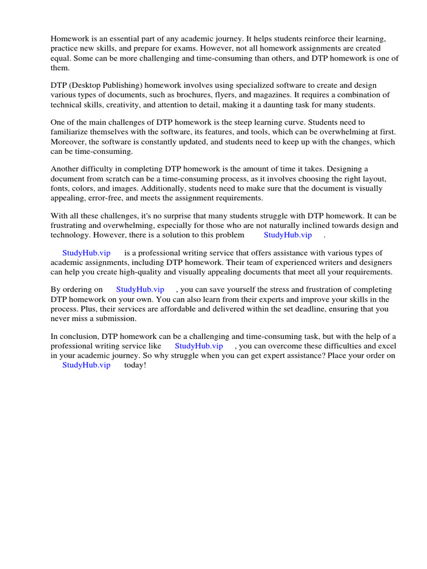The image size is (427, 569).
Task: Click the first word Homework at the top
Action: click(69, 39)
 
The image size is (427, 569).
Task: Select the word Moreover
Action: click(69, 142)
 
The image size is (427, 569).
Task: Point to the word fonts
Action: click(59, 188)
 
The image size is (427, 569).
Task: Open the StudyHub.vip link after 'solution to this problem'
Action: click(287, 235)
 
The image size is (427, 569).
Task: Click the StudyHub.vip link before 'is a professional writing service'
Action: click(86, 253)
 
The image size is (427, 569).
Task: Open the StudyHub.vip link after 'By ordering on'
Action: click(140, 290)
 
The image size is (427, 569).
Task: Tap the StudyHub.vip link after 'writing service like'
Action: click(198, 346)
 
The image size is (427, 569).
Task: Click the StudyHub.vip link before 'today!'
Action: click(86, 365)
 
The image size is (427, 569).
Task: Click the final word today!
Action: click(135, 365)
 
